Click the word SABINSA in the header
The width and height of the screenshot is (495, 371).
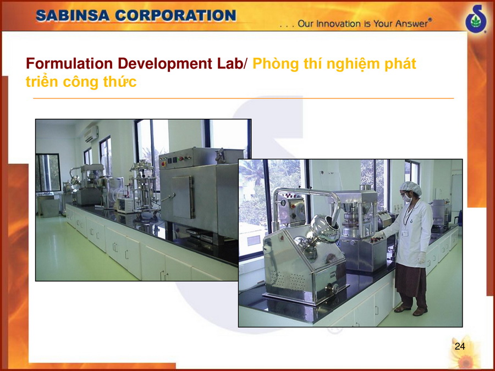coord(73,15)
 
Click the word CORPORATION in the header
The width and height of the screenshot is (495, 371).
coord(175,15)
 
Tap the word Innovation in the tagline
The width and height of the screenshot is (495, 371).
coord(334,24)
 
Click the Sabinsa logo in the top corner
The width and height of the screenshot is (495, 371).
coord(476,18)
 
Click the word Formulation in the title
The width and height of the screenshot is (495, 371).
coord(69,63)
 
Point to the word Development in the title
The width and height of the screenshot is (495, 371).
coord(165,64)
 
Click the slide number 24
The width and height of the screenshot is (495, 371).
coord(460,346)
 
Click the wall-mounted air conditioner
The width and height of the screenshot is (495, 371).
coord(91,134)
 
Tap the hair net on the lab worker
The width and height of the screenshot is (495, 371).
coord(410,188)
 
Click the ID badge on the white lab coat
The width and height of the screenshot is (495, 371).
coord(405,234)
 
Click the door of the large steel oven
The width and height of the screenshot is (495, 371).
coord(183,197)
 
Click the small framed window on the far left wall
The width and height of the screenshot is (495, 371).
coord(48,173)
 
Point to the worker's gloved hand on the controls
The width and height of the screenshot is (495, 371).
coord(377,235)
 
